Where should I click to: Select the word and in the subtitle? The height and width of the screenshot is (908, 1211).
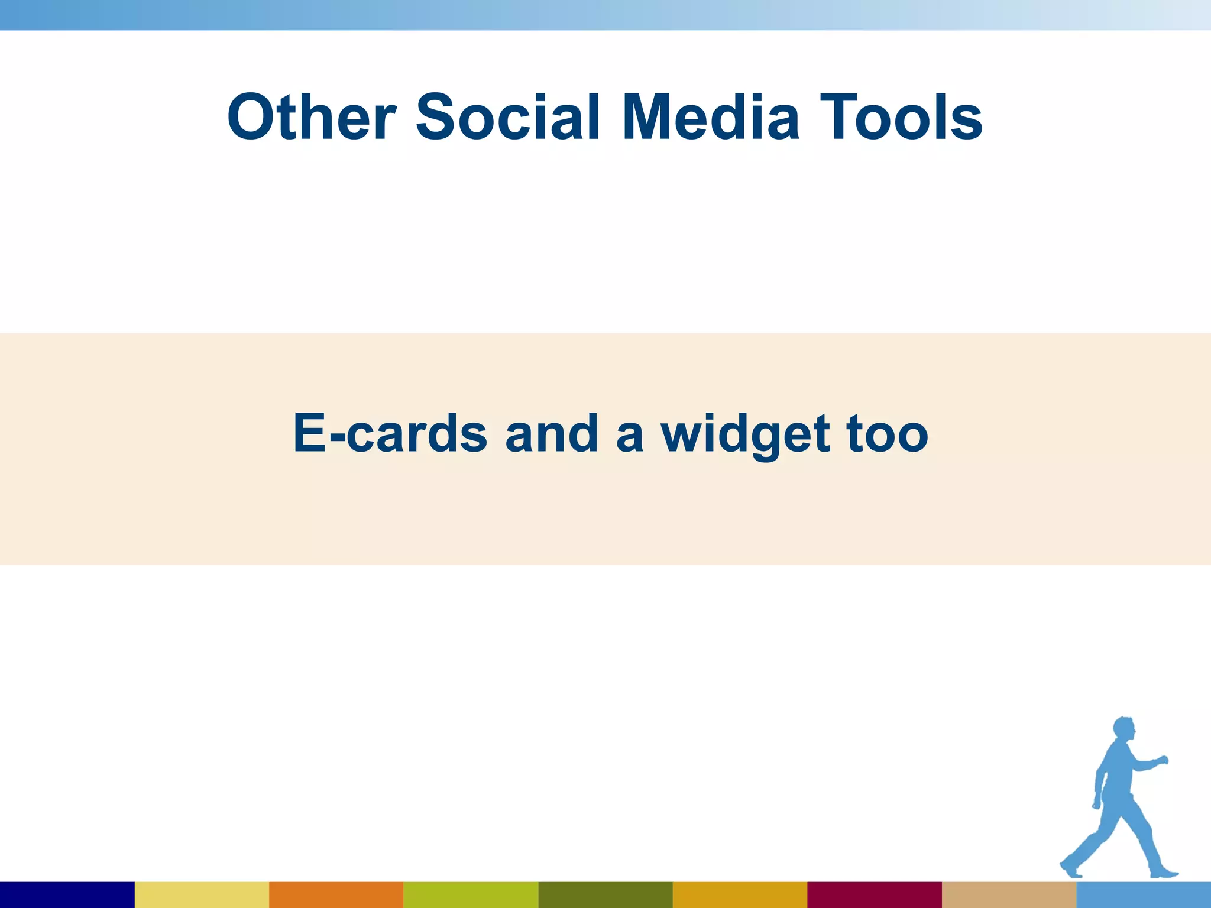click(x=552, y=433)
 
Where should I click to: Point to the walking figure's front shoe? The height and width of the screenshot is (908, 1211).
click(x=1163, y=873)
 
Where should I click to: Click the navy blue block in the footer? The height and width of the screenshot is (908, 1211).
click(x=67, y=894)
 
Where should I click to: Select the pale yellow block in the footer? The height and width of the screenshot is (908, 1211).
click(x=202, y=894)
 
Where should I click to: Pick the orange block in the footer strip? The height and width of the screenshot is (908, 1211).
click(x=336, y=894)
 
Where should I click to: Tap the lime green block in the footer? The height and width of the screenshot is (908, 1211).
click(x=471, y=894)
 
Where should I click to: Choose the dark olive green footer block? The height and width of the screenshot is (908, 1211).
click(x=605, y=894)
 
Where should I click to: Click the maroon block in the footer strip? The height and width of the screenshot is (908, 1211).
click(x=874, y=894)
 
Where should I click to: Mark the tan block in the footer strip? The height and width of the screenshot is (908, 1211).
click(x=1009, y=894)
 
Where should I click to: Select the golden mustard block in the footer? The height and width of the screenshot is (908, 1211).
click(x=740, y=894)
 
